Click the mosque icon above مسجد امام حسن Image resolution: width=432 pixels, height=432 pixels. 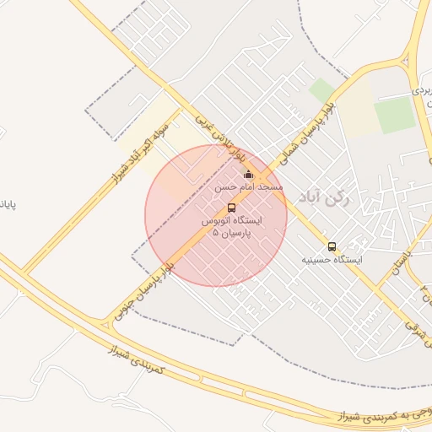pyautogui.click(x=247, y=175)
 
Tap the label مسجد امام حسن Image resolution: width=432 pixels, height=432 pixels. pyautogui.click(x=248, y=186)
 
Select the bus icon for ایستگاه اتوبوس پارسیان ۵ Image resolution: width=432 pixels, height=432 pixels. pyautogui.click(x=232, y=208)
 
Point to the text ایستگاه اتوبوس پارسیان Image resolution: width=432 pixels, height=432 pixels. pyautogui.click(x=232, y=220)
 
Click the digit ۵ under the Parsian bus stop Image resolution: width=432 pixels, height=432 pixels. pyautogui.click(x=216, y=231)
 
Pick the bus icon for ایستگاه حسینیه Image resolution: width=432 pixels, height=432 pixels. pyautogui.click(x=332, y=247)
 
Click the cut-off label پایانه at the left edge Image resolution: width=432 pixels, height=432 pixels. pyautogui.click(x=8, y=205)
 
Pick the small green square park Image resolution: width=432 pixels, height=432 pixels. pyautogui.click(x=321, y=90)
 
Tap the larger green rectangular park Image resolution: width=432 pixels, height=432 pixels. pyautogui.click(x=395, y=116)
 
